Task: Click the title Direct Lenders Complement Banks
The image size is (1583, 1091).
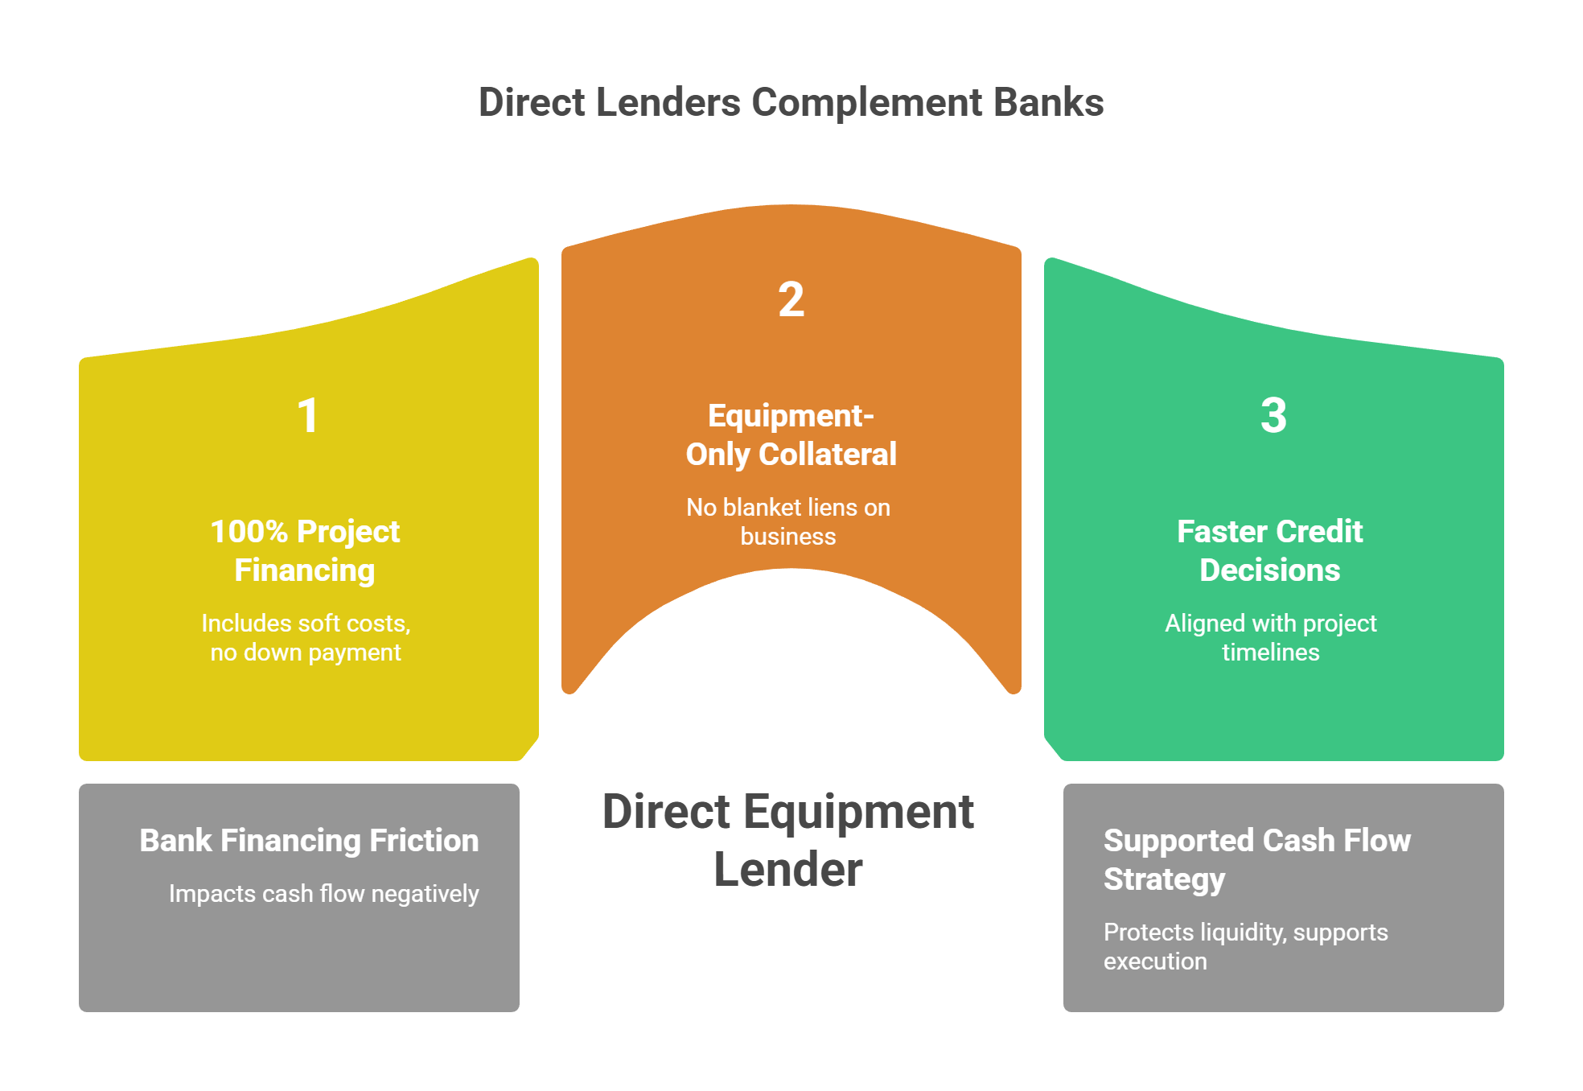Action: [791, 103]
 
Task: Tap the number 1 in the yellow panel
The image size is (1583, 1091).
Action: [308, 416]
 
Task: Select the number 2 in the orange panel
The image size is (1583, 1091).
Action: [791, 300]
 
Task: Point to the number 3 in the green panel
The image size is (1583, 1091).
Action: [1273, 416]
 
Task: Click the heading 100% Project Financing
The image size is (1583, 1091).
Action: [305, 551]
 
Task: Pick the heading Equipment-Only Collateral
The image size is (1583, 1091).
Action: [791, 435]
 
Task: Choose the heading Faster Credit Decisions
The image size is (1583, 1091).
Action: [1270, 551]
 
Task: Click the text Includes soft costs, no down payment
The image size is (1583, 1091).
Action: [306, 637]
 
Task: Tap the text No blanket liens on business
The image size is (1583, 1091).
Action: [788, 521]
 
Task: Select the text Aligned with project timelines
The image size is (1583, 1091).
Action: [1271, 637]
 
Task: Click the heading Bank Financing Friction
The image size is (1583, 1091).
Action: [309, 841]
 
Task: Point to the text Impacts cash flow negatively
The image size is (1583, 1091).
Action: [323, 894]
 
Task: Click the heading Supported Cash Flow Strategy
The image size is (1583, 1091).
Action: [1256, 859]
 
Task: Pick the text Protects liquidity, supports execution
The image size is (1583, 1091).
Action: [1245, 946]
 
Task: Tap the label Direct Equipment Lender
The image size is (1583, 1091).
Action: [788, 840]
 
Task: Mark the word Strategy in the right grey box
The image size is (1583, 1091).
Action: [1164, 879]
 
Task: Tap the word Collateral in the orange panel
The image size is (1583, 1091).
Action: [828, 455]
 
